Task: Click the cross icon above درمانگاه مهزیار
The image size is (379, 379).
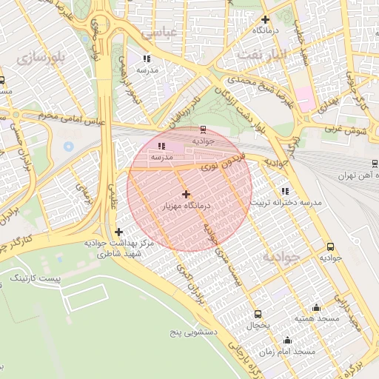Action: pos(185,193)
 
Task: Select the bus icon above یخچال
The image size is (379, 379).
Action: pos(258,313)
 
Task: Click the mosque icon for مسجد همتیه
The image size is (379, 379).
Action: pos(317,307)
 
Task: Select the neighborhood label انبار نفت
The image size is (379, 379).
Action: pos(261,54)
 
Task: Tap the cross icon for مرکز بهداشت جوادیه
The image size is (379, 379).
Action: pos(118,232)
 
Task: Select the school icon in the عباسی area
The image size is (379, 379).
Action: pos(147,58)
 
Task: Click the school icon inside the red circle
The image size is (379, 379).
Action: pos(161,146)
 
